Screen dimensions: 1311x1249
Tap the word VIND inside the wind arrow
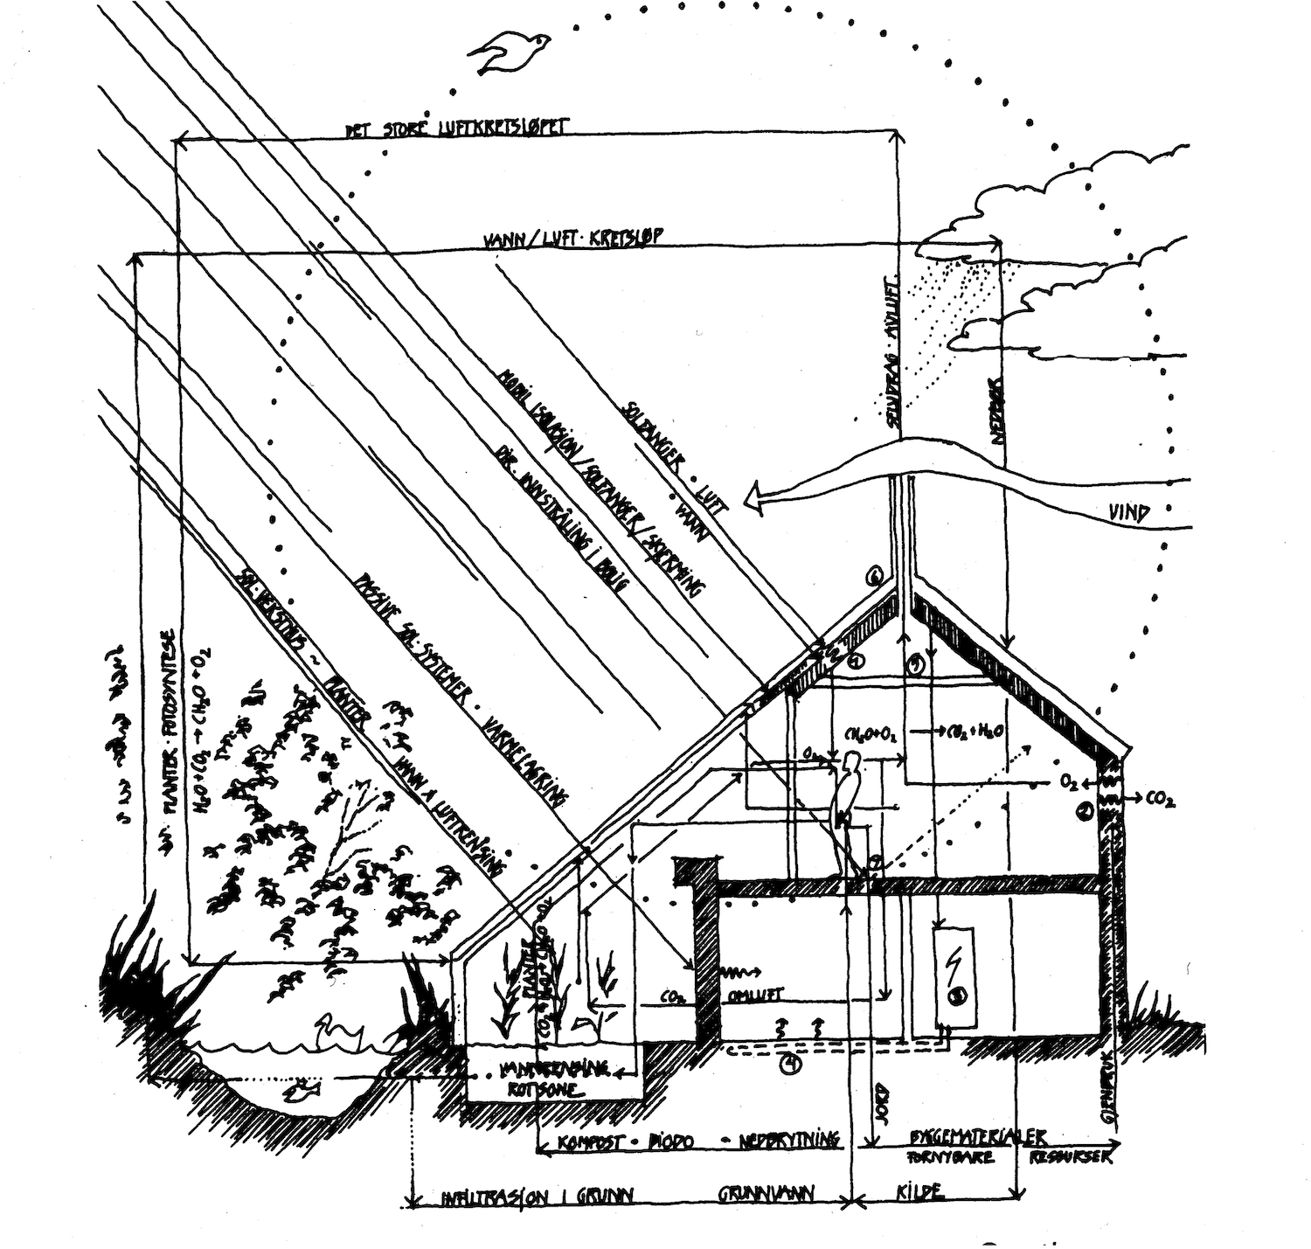1135,513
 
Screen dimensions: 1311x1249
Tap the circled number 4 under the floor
791,1064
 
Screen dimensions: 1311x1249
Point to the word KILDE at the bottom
919,1191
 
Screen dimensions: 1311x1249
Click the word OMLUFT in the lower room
764,994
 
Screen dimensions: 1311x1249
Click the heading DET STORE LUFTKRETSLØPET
454,129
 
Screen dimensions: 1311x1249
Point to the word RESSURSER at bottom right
1072,1157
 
